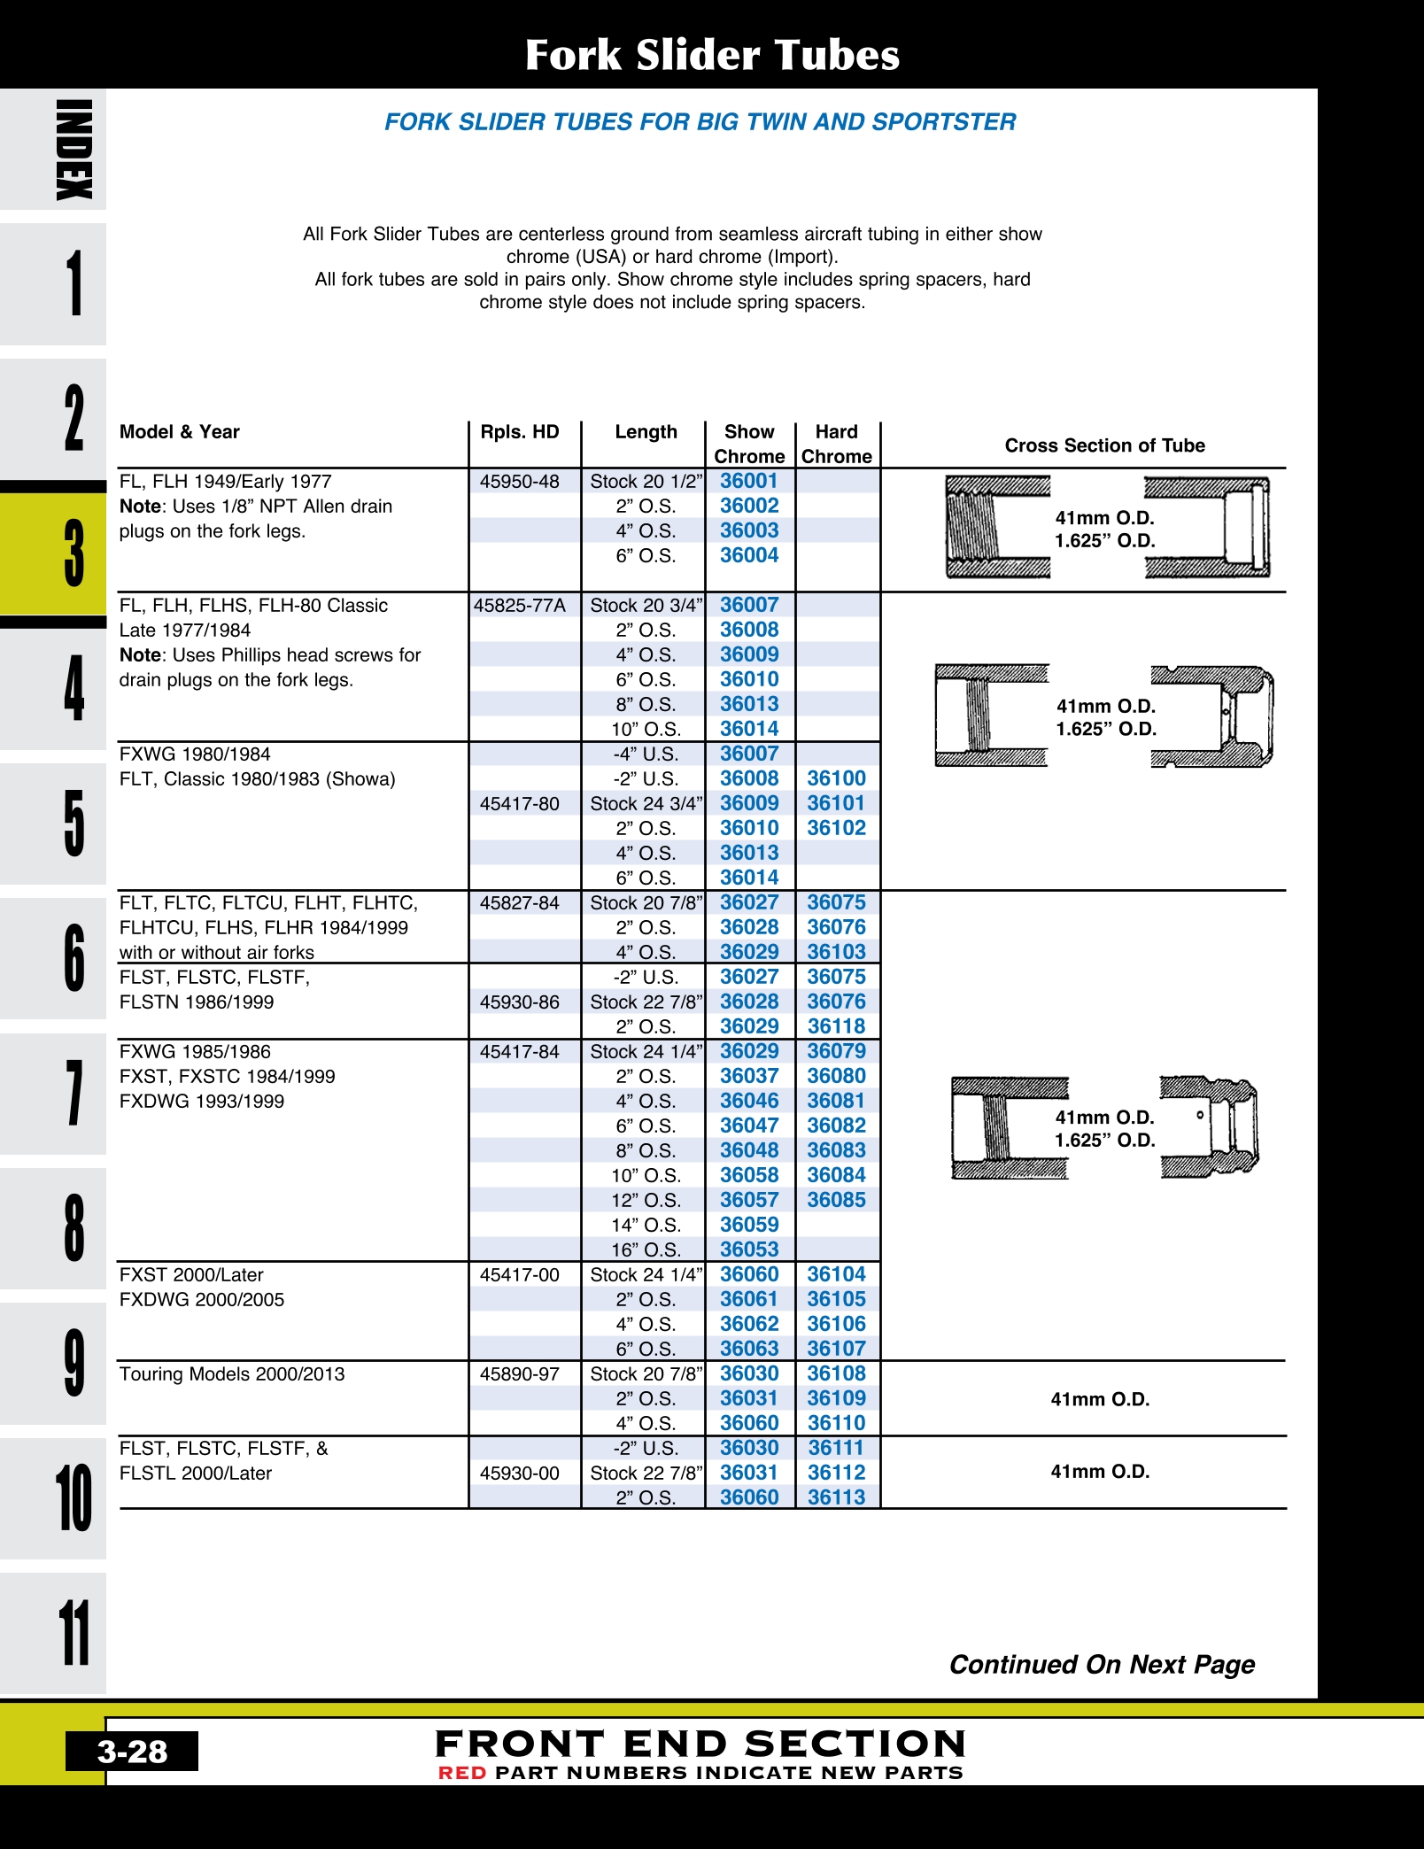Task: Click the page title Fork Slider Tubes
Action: tap(712, 55)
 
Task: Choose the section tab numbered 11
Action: tap(74, 1632)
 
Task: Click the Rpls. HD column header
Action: tap(520, 432)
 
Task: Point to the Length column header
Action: tap(646, 432)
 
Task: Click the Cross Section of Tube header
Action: tap(1104, 445)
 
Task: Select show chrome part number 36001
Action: tap(749, 481)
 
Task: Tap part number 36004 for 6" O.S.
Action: tap(749, 555)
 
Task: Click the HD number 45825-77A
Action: tap(520, 606)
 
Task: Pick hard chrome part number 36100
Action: tap(836, 778)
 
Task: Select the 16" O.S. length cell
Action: tap(646, 1249)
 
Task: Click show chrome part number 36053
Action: tap(749, 1249)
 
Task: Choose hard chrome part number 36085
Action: tap(836, 1200)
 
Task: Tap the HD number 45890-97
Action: tap(520, 1374)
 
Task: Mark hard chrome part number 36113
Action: tap(836, 1497)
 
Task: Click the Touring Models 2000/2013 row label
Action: tap(232, 1374)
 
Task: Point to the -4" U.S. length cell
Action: tap(646, 754)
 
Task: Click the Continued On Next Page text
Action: tap(1102, 1665)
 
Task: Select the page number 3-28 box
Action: tap(132, 1752)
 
